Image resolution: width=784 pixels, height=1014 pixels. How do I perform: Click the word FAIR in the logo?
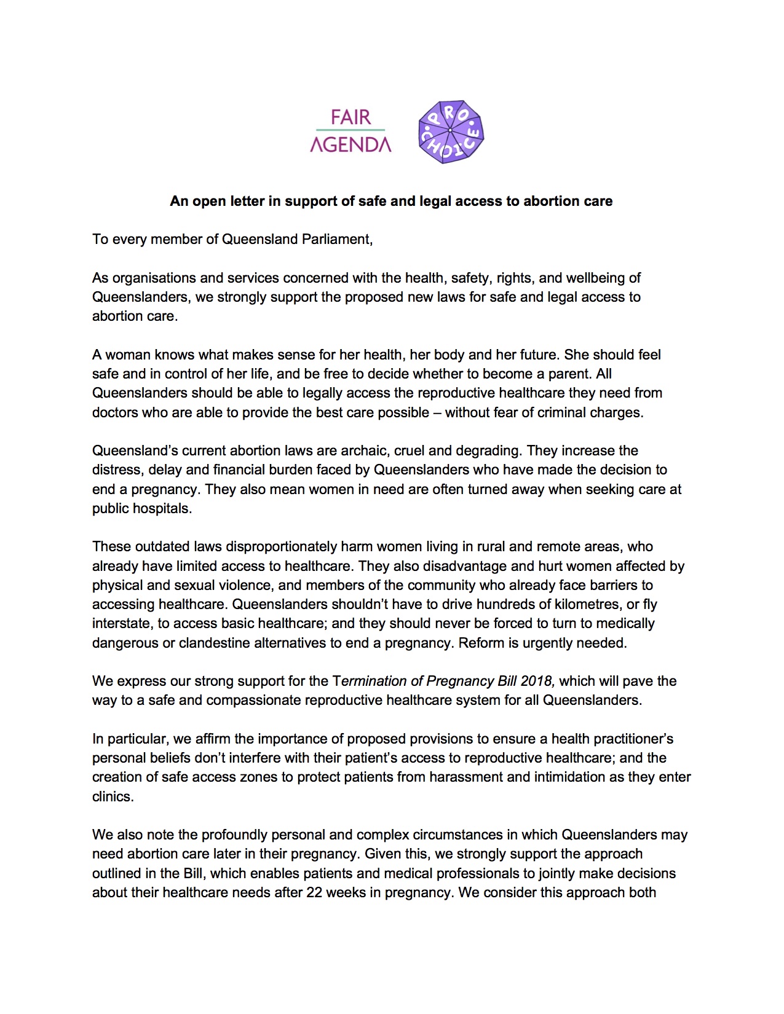click(350, 117)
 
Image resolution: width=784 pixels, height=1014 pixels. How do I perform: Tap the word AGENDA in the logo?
click(350, 144)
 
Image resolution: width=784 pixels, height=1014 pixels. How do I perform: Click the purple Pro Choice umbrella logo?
click(451, 132)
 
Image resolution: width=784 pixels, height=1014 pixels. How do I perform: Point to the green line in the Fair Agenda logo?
click(350, 130)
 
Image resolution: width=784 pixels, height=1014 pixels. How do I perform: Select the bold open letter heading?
click(391, 201)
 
